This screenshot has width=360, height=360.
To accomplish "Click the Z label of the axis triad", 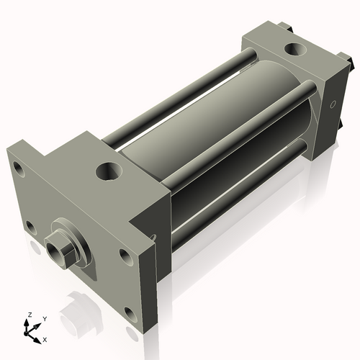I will coord(30,315).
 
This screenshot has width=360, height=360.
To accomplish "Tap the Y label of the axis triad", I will coord(44,318).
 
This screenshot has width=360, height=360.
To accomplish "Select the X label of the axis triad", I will coord(45,338).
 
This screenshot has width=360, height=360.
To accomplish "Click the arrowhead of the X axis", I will coord(38,336).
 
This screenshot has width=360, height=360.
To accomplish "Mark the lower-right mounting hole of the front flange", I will coord(130,312).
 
